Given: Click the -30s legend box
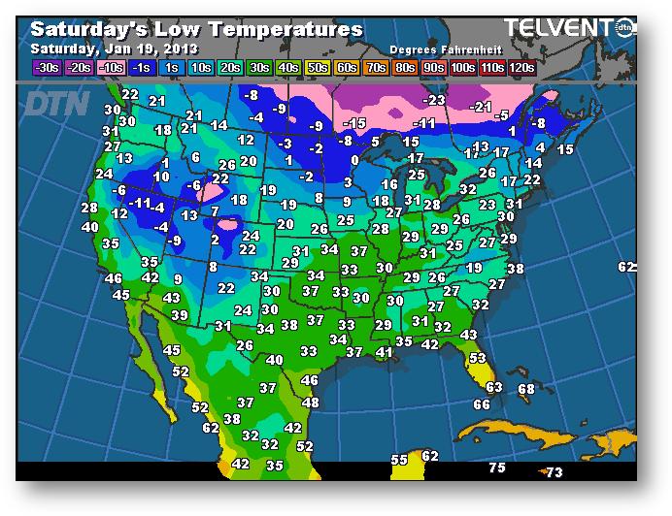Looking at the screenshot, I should point(46,68).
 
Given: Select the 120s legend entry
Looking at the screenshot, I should point(521,68).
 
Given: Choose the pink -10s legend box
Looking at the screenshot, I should point(110,68).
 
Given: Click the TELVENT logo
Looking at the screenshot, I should point(559,28).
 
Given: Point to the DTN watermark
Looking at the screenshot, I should point(55,102).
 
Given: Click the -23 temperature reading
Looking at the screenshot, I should point(434,99).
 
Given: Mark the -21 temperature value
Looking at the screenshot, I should point(481,106).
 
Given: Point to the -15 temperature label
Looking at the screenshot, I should point(354,122).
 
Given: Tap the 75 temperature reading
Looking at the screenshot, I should point(497,468).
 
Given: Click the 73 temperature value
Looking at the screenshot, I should point(553,472).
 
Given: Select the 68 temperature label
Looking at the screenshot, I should point(525,389).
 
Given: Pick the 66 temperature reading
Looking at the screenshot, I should point(482,403).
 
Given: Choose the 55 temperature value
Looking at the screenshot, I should point(399,459).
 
